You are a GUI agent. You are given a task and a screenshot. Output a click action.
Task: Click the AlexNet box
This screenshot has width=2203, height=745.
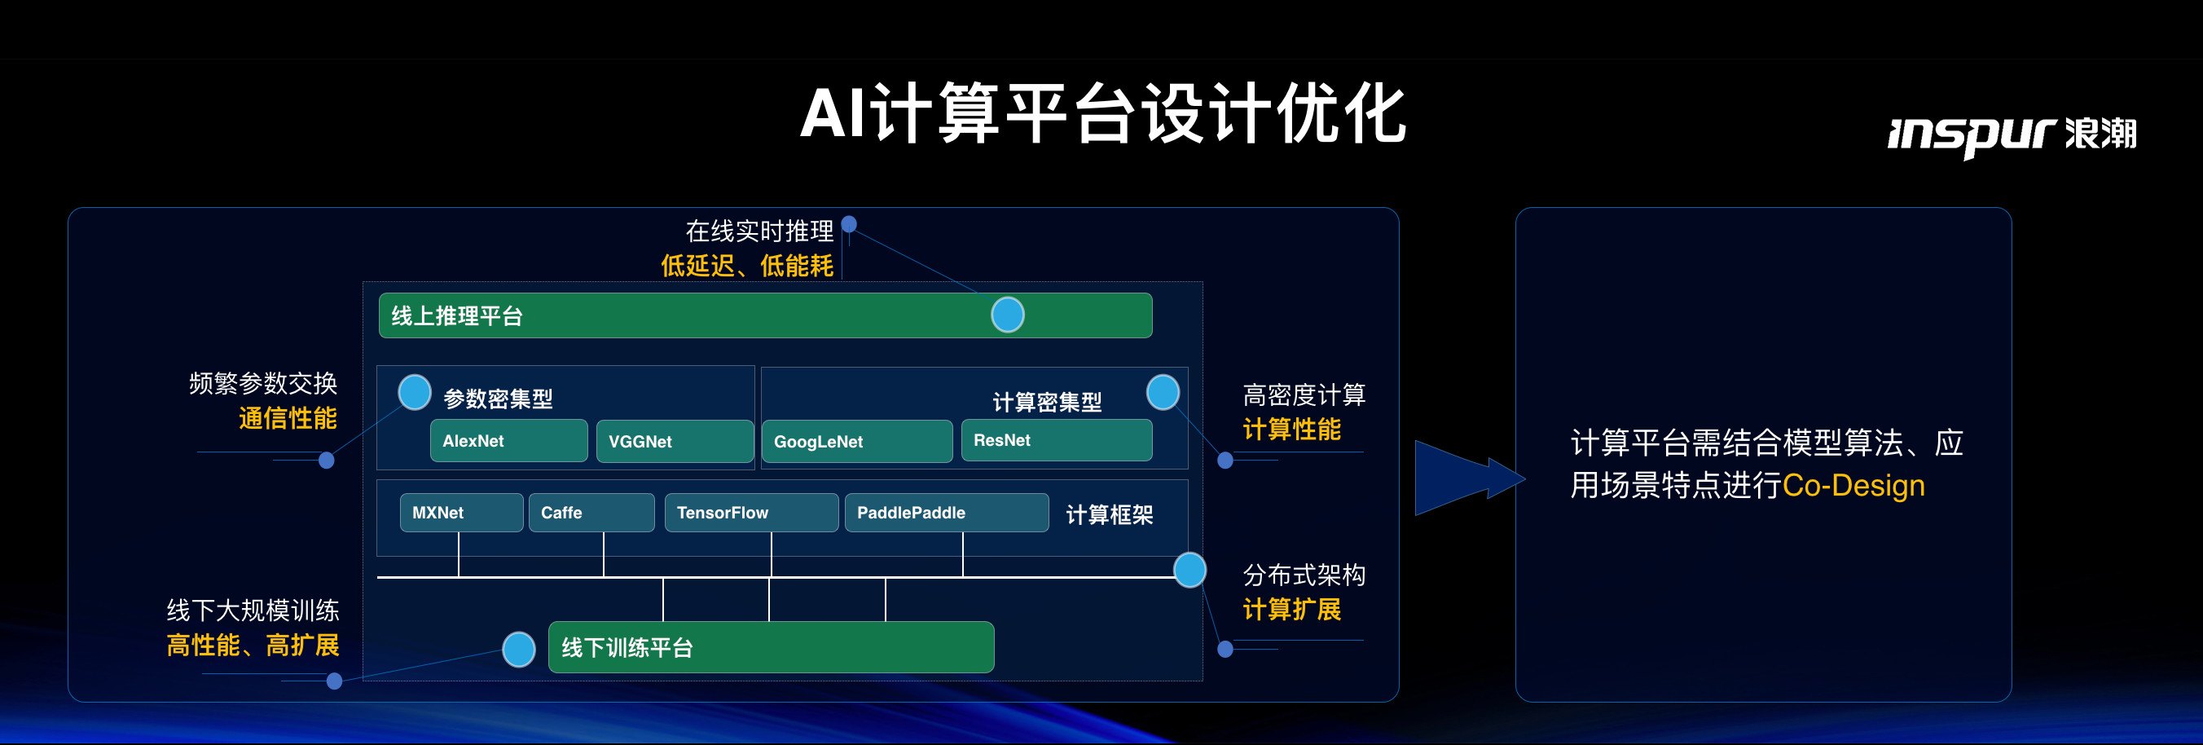coord(508,440)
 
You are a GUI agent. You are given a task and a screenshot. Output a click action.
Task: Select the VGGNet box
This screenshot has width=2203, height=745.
coord(674,441)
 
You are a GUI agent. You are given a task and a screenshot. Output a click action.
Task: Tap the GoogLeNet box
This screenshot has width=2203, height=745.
coord(856,441)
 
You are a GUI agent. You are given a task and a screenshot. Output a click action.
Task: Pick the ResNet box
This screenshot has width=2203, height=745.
coord(1056,440)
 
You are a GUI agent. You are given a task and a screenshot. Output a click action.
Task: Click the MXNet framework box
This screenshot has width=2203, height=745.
coord(461,513)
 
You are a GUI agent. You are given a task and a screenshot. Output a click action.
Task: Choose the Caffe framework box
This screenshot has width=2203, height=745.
coord(591,513)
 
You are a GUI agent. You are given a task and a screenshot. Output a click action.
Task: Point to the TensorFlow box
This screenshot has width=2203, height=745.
coord(751,513)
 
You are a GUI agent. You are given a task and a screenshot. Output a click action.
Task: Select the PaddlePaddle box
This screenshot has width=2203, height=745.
coord(946,513)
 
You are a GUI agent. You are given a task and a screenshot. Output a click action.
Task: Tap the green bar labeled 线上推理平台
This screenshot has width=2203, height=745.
coord(684,315)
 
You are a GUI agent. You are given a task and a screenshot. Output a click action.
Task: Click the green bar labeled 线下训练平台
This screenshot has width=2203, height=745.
coord(770,647)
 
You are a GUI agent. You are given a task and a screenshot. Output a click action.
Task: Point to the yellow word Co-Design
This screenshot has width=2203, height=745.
coord(1853,486)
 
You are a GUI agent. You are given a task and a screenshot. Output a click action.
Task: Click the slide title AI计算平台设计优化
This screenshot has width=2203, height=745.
coord(1102,114)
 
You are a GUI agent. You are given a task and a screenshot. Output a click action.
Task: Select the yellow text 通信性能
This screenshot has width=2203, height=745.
coord(288,418)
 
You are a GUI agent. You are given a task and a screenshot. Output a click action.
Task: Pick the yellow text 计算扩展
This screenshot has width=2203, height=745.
coord(1291,610)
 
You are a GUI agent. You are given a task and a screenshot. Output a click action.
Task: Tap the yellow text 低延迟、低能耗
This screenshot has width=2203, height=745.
coord(746,266)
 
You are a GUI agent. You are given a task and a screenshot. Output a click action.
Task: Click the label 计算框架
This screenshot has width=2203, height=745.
coord(1109,514)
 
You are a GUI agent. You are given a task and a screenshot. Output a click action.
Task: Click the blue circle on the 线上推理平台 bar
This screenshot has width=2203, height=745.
coord(1008,315)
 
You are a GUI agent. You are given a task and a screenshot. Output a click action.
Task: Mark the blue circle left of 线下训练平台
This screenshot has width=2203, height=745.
coord(518,649)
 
